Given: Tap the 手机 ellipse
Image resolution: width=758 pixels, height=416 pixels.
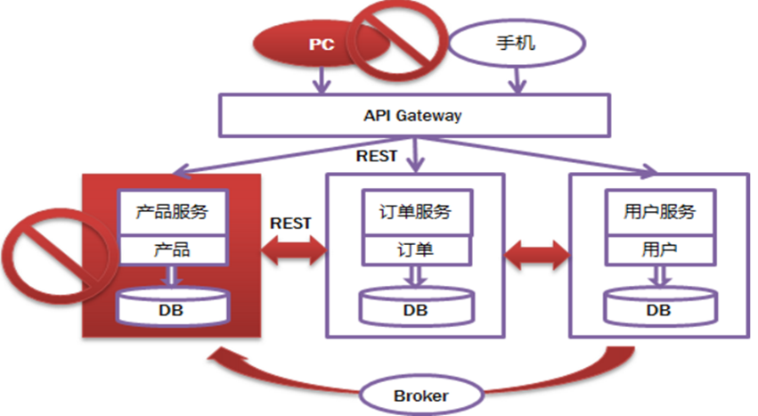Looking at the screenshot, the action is pyautogui.click(x=517, y=43).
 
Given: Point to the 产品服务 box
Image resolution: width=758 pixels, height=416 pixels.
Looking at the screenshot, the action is pyautogui.click(x=173, y=212).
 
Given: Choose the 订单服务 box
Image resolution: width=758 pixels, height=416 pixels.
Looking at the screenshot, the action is pyautogui.click(x=417, y=212).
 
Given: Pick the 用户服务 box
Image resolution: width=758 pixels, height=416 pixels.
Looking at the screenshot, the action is pyautogui.click(x=660, y=212).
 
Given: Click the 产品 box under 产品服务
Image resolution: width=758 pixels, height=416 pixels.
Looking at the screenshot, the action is pyautogui.click(x=173, y=250).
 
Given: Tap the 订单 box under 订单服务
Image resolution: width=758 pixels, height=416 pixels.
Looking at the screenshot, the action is pyautogui.click(x=417, y=250).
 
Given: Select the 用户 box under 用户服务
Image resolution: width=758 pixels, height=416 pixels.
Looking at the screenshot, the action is pyautogui.click(x=660, y=250).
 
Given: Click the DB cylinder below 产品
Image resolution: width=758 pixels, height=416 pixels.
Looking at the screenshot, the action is pyautogui.click(x=172, y=306).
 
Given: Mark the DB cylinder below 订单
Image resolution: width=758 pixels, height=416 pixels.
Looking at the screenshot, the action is pyautogui.click(x=416, y=306).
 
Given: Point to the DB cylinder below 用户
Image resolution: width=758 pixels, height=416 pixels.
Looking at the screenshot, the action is pyautogui.click(x=660, y=306).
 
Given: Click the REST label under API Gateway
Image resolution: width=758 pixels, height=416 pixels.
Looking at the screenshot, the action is pyautogui.click(x=377, y=156).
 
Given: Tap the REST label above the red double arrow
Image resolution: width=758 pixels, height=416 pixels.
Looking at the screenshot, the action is pyautogui.click(x=290, y=223).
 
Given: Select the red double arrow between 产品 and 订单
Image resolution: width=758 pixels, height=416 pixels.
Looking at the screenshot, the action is pyautogui.click(x=294, y=250).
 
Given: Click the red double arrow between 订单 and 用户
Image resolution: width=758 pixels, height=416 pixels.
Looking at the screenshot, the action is pyautogui.click(x=537, y=254).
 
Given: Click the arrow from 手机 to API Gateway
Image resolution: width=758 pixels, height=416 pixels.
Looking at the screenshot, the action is pyautogui.click(x=518, y=80).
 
